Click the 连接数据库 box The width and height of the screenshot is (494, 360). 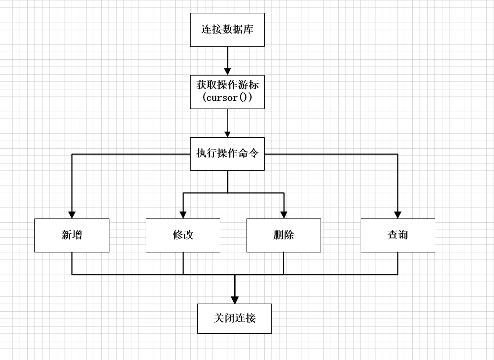click(227, 30)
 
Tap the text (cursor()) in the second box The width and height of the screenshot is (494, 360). click(227, 98)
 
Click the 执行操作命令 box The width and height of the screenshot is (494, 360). click(227, 153)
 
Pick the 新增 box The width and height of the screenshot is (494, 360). click(72, 235)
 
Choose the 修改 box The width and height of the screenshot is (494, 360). click(183, 235)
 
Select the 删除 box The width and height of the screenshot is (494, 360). click(283, 235)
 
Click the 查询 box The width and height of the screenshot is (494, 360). click(397, 235)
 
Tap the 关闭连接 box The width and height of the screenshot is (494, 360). click(234, 318)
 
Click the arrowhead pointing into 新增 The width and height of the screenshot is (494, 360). click(72, 215)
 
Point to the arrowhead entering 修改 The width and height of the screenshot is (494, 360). click(183, 215)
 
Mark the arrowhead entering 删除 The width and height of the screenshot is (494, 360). click(284, 215)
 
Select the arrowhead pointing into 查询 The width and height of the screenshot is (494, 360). click(397, 215)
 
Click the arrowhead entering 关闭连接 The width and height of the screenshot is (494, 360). click(235, 300)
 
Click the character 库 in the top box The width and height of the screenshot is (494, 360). click(248, 30)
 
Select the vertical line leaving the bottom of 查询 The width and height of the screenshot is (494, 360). click(397, 263)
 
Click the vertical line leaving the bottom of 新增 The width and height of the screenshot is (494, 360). click(72, 263)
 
